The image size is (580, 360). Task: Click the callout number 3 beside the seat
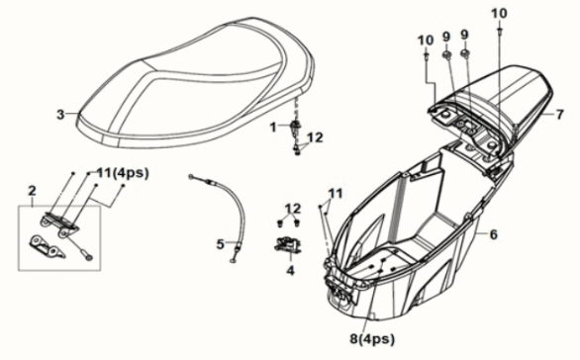click(60, 114)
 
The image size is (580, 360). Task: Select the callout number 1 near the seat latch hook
click(273, 128)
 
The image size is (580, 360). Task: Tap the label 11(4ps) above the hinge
click(123, 173)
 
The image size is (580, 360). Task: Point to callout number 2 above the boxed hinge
click(33, 191)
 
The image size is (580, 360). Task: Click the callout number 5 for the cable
click(220, 244)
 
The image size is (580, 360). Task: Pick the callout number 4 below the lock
click(291, 271)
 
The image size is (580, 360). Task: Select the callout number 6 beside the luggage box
click(494, 234)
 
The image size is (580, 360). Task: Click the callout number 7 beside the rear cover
click(559, 115)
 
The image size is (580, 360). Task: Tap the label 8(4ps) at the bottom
click(372, 338)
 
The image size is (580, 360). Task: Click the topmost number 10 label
click(499, 13)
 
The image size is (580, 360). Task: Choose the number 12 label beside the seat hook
click(315, 137)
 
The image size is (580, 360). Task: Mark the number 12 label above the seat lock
click(293, 209)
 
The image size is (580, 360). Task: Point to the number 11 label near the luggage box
click(336, 193)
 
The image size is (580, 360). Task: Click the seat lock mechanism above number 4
click(287, 244)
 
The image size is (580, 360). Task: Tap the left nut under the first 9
click(447, 55)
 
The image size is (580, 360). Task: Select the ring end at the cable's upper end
click(191, 177)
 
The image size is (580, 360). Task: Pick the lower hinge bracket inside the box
click(47, 246)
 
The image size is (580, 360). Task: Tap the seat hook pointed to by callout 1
click(296, 129)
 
